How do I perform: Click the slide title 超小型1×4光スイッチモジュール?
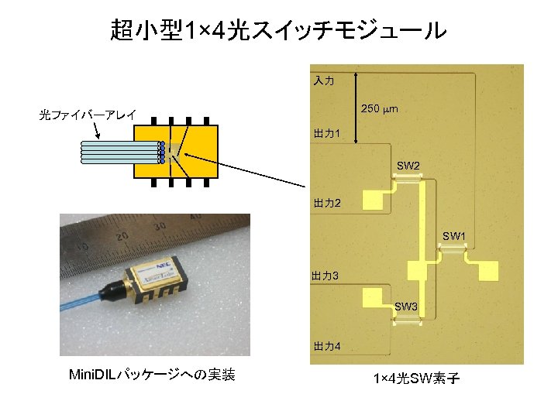click(x=279, y=31)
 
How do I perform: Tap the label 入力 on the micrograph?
click(x=323, y=81)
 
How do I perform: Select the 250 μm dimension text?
click(x=381, y=110)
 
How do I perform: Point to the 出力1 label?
click(x=326, y=135)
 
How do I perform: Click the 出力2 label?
click(x=326, y=203)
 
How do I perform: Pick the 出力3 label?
click(x=324, y=275)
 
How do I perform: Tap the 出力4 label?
click(x=326, y=345)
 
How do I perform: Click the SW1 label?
click(x=453, y=235)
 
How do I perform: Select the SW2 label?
click(x=408, y=166)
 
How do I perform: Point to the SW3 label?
click(x=406, y=307)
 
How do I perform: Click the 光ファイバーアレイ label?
click(x=88, y=115)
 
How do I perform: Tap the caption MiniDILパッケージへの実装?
click(x=153, y=376)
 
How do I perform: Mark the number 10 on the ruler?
click(x=80, y=249)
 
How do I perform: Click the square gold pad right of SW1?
click(x=490, y=270)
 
